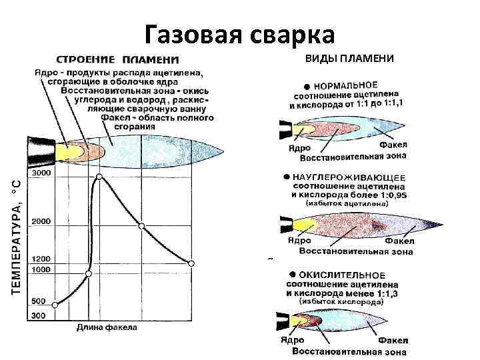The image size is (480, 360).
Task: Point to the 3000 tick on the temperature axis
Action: (41, 173)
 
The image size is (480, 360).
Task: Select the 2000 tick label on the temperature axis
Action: (41, 221)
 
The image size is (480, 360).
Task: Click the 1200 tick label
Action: (41, 259)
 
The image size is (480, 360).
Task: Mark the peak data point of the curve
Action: (99, 177)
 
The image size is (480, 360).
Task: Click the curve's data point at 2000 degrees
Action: (141, 227)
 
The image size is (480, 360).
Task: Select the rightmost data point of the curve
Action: (191, 264)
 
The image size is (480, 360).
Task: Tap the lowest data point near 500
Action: (55, 305)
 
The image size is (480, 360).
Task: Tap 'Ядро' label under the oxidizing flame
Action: (292, 340)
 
